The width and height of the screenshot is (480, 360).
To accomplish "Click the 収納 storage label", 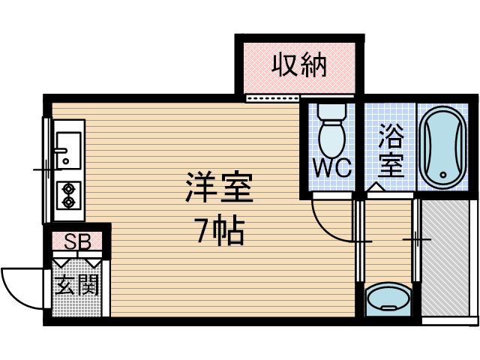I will [299, 66].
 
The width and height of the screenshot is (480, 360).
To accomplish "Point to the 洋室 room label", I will [218, 188].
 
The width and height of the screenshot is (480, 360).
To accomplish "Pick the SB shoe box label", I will [77, 242].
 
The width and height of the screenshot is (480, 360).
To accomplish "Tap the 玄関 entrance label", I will [76, 286].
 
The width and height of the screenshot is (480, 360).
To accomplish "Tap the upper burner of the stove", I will [69, 188].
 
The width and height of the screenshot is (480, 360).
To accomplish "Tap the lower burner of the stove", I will [69, 201].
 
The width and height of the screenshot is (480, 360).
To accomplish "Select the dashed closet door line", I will [271, 97].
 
